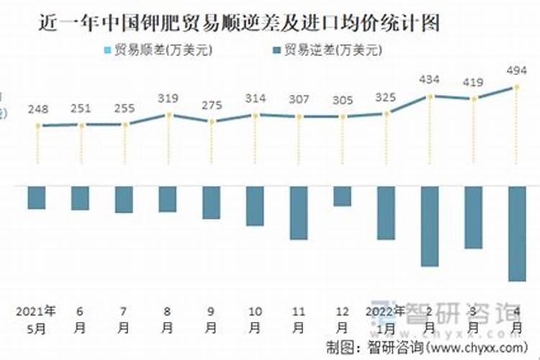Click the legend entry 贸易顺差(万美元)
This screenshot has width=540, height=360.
[162, 50]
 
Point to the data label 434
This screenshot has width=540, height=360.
[431, 78]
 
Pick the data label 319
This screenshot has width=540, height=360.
[168, 98]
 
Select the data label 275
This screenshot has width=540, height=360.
[211, 105]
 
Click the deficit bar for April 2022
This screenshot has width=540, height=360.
[517, 233]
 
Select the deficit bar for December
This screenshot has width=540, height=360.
[343, 196]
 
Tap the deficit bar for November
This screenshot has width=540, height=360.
[299, 212]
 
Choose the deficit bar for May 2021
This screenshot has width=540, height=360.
[37, 197]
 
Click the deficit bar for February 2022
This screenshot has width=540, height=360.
[430, 226]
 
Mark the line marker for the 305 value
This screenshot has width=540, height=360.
[343, 116]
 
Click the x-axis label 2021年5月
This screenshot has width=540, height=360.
[37, 319]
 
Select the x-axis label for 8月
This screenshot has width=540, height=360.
[168, 319]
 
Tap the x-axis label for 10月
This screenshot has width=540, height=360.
[256, 319]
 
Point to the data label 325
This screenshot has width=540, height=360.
[387, 96]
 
